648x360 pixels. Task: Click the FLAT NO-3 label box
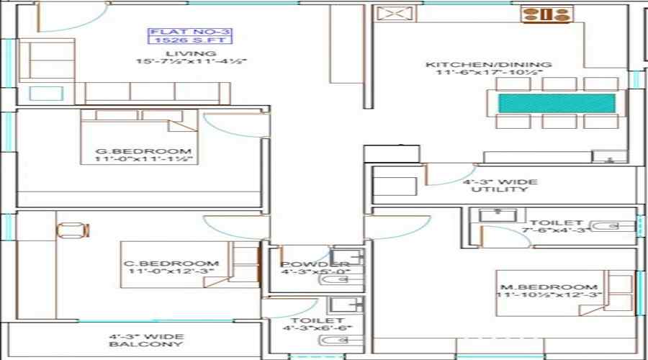coord(190,36)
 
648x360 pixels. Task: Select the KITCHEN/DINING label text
coord(489,65)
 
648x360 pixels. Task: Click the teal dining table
coord(557,102)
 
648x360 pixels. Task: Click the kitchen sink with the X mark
coord(392,14)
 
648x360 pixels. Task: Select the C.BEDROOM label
coord(170,264)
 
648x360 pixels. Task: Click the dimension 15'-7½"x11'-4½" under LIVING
coord(191,63)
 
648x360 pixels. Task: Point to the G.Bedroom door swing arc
coord(230,123)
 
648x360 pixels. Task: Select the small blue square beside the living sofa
coord(40,94)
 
